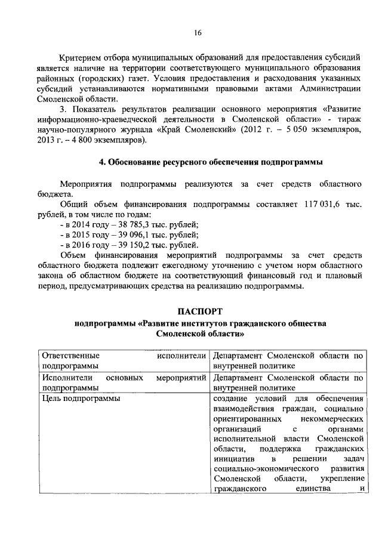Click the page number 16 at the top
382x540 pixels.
coord(197,33)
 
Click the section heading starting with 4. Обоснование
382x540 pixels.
coord(211,162)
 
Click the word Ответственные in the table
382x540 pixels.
coord(70,356)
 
